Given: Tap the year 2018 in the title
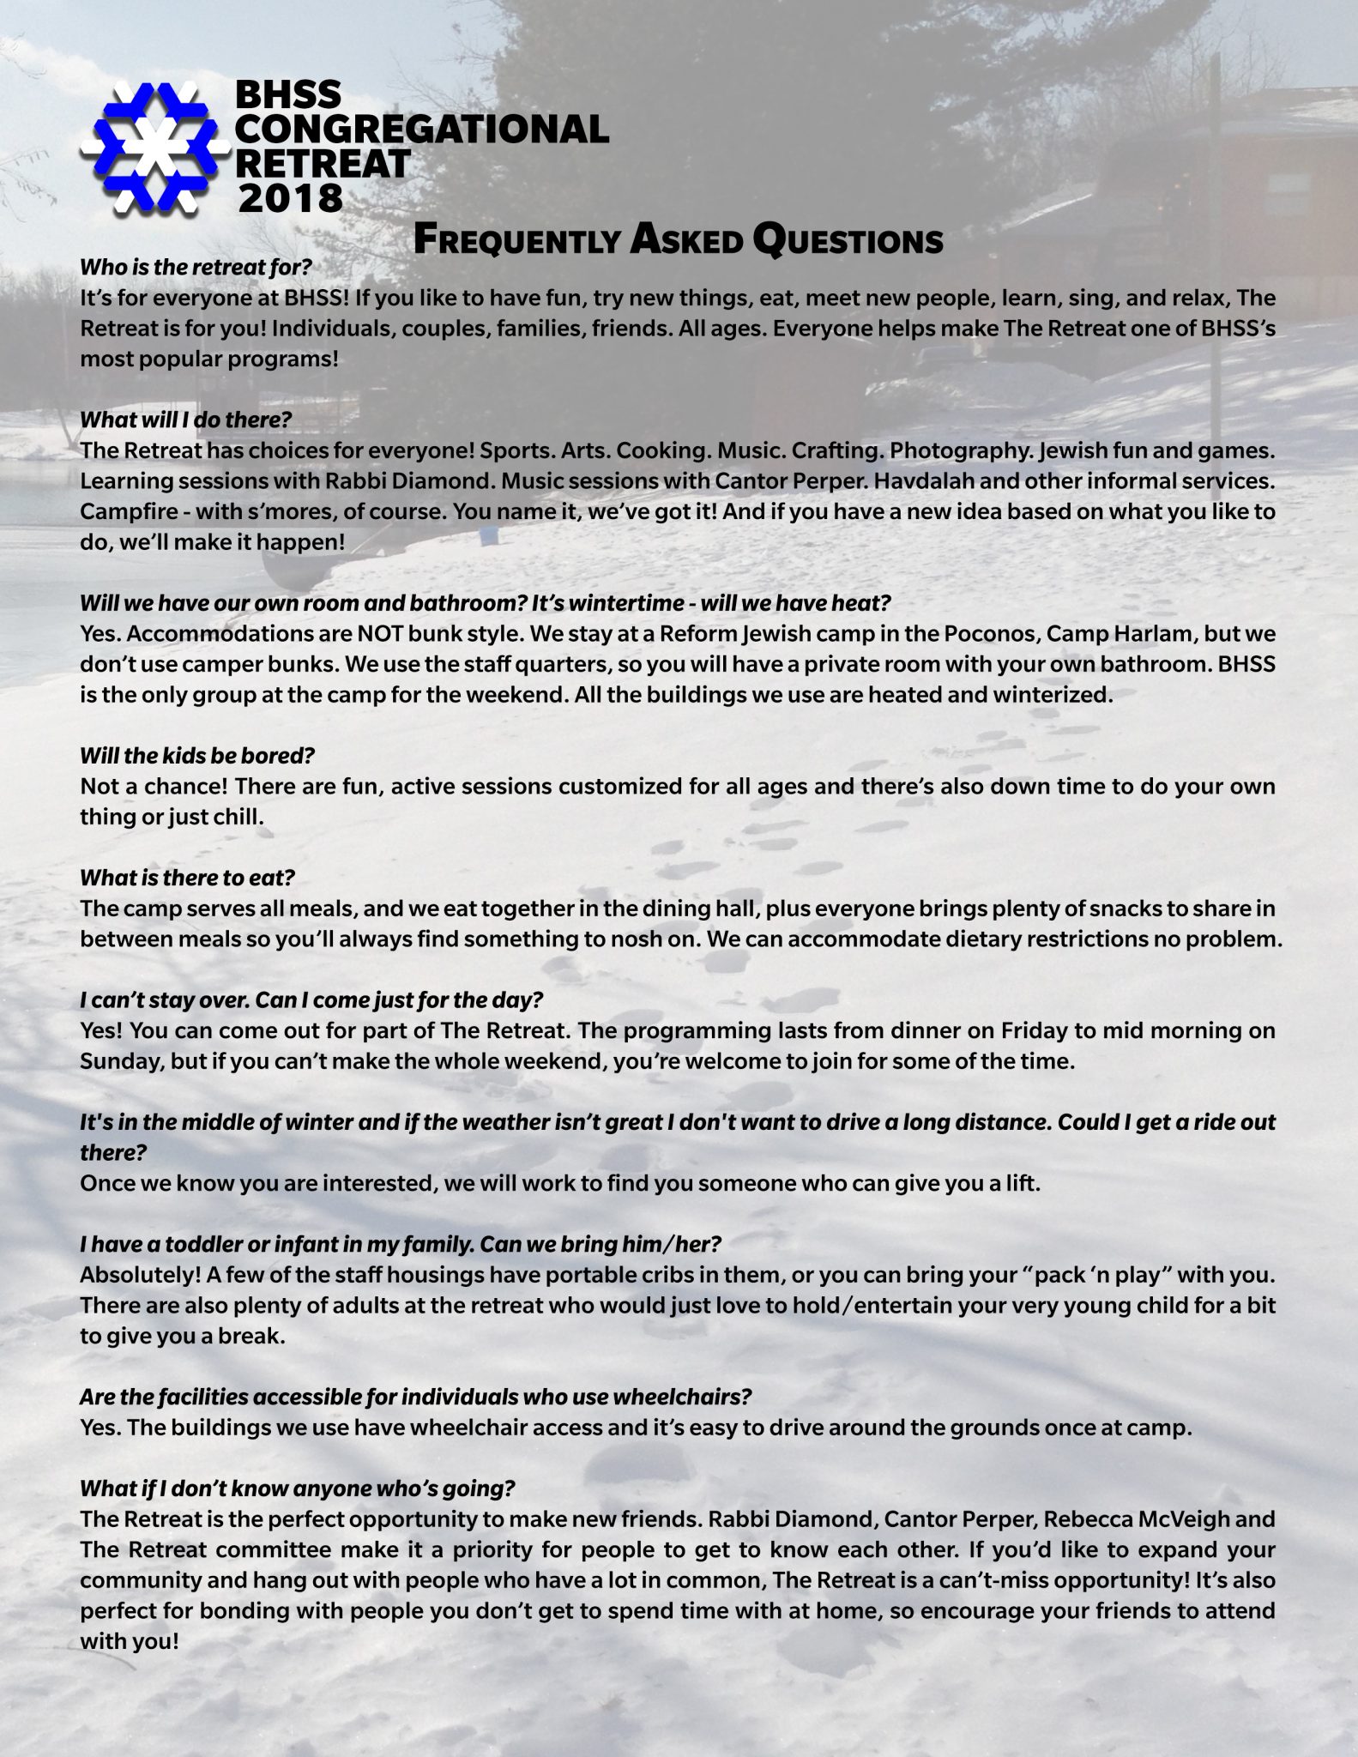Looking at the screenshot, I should [x=290, y=198].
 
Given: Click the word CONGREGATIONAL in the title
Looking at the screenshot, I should [x=421, y=129].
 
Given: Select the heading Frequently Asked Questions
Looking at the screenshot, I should [x=678, y=241].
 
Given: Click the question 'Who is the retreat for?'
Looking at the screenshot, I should [x=196, y=267].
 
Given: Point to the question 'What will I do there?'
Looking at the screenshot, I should [x=186, y=420].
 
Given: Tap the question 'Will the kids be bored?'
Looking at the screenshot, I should [x=197, y=756].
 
